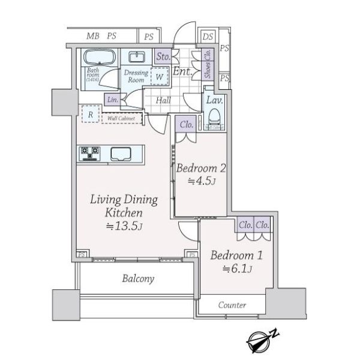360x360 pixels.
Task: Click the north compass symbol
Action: pyautogui.click(x=263, y=340)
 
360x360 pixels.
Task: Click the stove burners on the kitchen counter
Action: pyautogui.click(x=89, y=154)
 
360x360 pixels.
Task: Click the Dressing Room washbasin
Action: pyautogui.click(x=136, y=58)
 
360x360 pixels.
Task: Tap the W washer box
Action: pyautogui.click(x=159, y=77)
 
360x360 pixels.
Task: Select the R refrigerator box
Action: pyautogui.click(x=90, y=113)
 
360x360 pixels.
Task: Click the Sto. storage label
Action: pyautogui.click(x=163, y=57)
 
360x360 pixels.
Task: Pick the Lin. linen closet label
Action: pyautogui.click(x=112, y=100)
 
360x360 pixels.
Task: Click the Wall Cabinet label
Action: pyautogui.click(x=121, y=118)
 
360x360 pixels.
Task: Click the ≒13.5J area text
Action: pyautogui.click(x=124, y=226)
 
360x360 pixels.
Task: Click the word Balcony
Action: pyautogui.click(x=139, y=278)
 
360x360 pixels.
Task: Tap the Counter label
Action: pyautogui.click(x=232, y=305)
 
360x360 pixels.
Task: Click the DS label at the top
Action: pyautogui.click(x=208, y=37)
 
